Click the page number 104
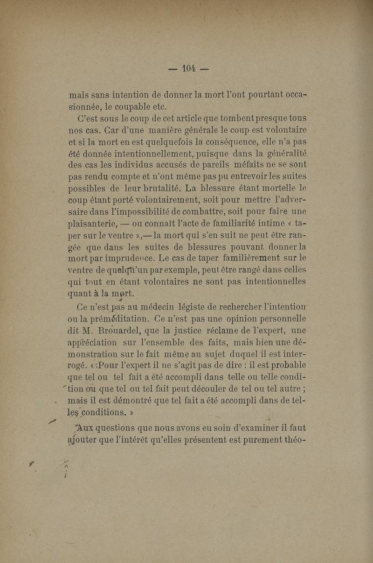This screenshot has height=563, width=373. coord(188,69)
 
